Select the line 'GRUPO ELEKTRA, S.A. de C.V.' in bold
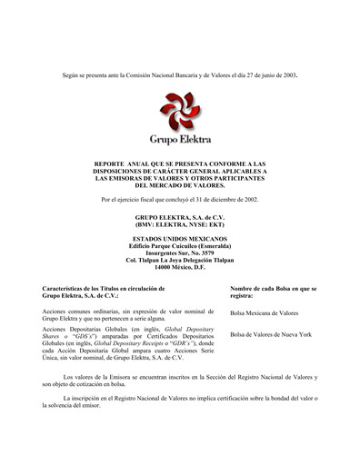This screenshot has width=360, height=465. pyautogui.click(x=180, y=218)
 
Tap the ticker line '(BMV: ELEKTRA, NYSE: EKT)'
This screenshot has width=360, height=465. pyautogui.click(x=180, y=224)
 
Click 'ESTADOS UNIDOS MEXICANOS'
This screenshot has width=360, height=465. pyautogui.click(x=180, y=239)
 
